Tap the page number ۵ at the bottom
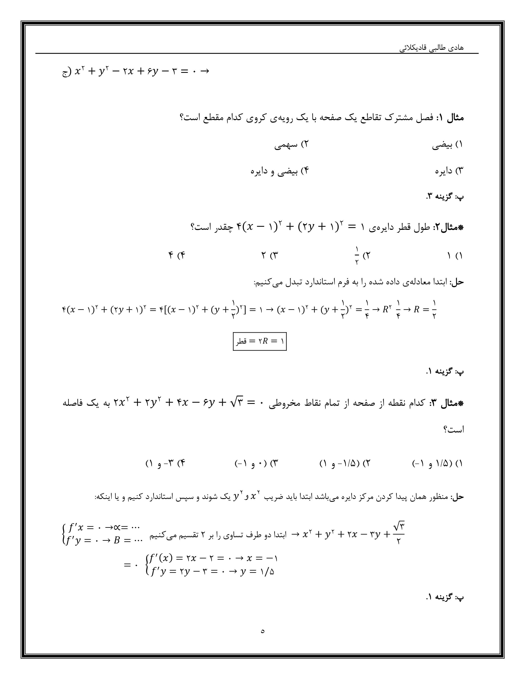263,631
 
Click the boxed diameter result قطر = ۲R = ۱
260,341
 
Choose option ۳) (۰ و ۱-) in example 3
256,464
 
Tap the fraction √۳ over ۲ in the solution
398,534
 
